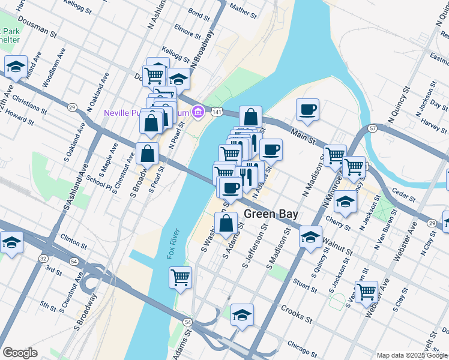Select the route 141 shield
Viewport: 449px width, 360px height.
(x=217, y=112)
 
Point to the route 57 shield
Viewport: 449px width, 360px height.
(x=372, y=129)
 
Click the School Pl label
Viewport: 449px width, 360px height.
(x=99, y=182)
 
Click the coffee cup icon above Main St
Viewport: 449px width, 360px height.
(x=307, y=109)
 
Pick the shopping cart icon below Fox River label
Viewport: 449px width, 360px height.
(x=180, y=277)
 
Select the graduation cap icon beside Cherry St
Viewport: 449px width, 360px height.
(x=345, y=202)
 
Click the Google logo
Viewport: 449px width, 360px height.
(x=20, y=353)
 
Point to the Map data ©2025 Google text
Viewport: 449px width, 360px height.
(x=412, y=355)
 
